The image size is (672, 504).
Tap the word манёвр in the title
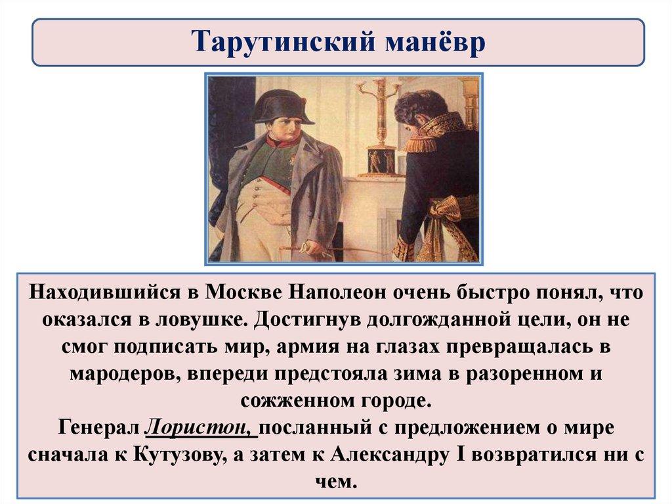[x=434, y=42]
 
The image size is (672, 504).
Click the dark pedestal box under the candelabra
[x=381, y=162]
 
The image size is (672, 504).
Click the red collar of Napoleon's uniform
[x=278, y=141]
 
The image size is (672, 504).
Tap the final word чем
[x=335, y=482]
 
